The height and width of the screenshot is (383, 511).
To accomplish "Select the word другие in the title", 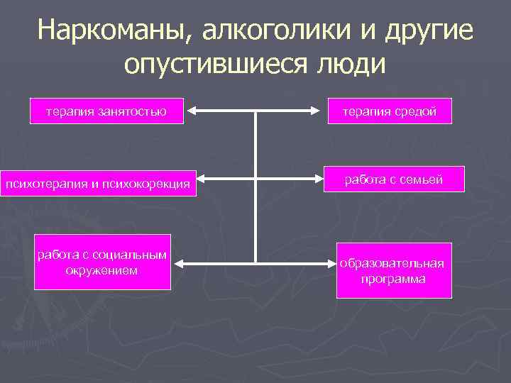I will pyautogui.click(x=429, y=30).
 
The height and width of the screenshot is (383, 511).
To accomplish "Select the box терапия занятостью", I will pyautogui.click(x=106, y=111).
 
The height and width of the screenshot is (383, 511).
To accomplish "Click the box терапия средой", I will pyautogui.click(x=390, y=111).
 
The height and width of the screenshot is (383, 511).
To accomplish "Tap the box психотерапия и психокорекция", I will pyautogui.click(x=98, y=185).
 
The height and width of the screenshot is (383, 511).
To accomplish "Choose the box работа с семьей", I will pyautogui.click(x=394, y=180).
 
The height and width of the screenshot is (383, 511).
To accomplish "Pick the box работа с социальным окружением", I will pyautogui.click(x=103, y=262).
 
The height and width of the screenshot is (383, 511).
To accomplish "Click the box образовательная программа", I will pyautogui.click(x=392, y=271).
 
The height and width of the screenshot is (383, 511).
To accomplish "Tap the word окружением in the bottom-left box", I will pyautogui.click(x=103, y=270).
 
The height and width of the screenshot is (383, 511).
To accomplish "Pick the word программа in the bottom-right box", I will pyautogui.click(x=392, y=279).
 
